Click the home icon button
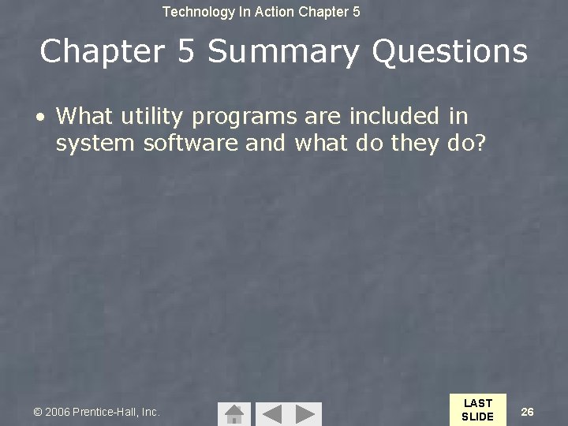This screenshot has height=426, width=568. point(234,413)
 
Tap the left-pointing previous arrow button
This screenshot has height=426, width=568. point(271,413)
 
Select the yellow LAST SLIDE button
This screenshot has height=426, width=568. point(477,409)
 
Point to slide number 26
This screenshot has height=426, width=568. point(528,411)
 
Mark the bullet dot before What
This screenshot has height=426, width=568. point(39,117)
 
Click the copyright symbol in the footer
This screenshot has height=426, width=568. point(37,412)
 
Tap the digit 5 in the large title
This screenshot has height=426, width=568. point(187,52)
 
